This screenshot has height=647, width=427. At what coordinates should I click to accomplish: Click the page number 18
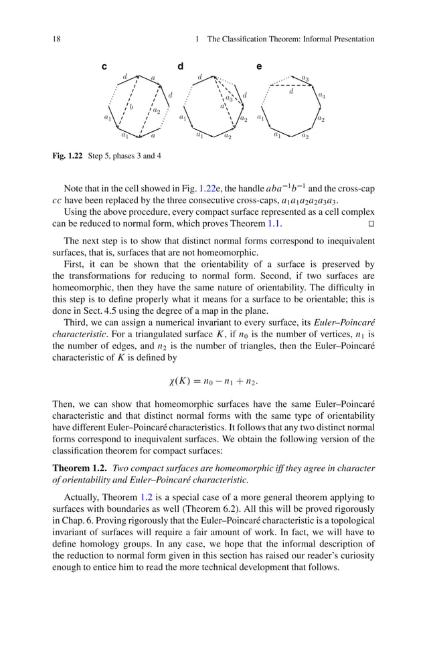pyautogui.click(x=57, y=39)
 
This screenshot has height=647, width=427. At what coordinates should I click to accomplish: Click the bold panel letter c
pyautogui.click(x=104, y=66)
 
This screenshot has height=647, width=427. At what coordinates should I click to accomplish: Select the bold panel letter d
pyautogui.click(x=180, y=66)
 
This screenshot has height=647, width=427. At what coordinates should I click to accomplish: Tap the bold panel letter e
pyautogui.click(x=260, y=66)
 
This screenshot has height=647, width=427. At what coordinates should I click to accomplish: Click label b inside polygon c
pyautogui.click(x=131, y=107)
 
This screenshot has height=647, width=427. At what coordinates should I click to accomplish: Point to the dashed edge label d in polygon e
pyautogui.click(x=291, y=92)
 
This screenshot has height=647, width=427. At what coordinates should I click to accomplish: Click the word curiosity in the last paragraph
pyautogui.click(x=355, y=556)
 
